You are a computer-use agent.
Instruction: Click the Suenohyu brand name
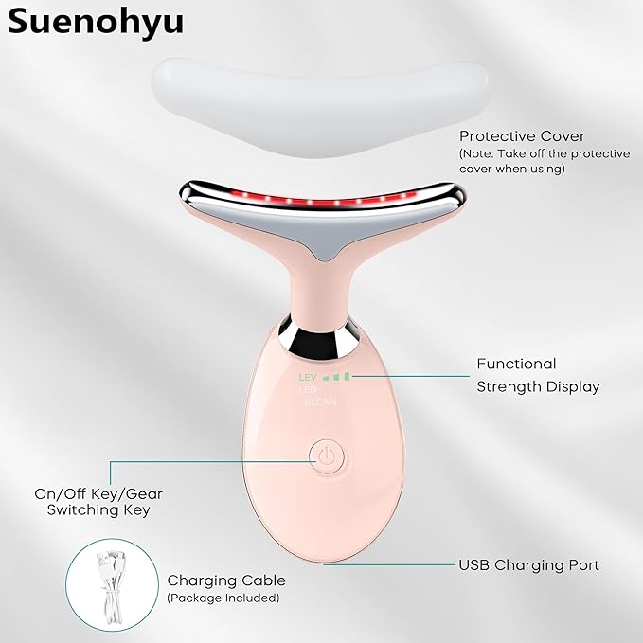click(95, 23)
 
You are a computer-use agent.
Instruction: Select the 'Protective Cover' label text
click(522, 136)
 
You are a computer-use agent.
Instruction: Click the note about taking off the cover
click(545, 161)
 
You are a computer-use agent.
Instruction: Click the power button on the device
click(327, 456)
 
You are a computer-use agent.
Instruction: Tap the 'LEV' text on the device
click(308, 377)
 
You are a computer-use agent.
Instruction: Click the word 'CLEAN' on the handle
click(320, 402)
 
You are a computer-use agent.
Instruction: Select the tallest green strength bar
click(347, 376)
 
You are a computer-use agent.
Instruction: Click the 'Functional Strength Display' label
click(538, 376)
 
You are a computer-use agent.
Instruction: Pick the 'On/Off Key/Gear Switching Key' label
click(98, 502)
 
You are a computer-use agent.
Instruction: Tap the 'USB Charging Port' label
click(528, 565)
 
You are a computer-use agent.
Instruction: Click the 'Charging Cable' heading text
click(226, 580)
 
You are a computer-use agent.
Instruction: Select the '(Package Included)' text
click(223, 598)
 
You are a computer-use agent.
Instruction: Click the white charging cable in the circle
click(110, 587)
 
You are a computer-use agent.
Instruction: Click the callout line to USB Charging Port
click(389, 564)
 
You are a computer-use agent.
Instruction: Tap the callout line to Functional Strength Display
click(410, 376)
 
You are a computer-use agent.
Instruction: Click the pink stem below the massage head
click(320, 291)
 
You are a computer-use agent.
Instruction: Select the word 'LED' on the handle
click(308, 389)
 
